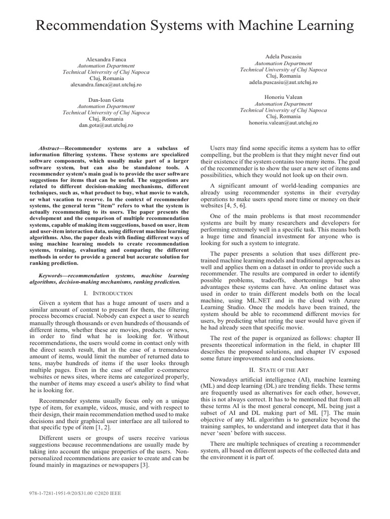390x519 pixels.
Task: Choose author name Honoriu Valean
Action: pos(283,96)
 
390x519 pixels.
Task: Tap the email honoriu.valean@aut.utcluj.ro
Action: pos(283,122)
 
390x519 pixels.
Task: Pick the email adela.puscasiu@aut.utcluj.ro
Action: pos(283,82)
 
